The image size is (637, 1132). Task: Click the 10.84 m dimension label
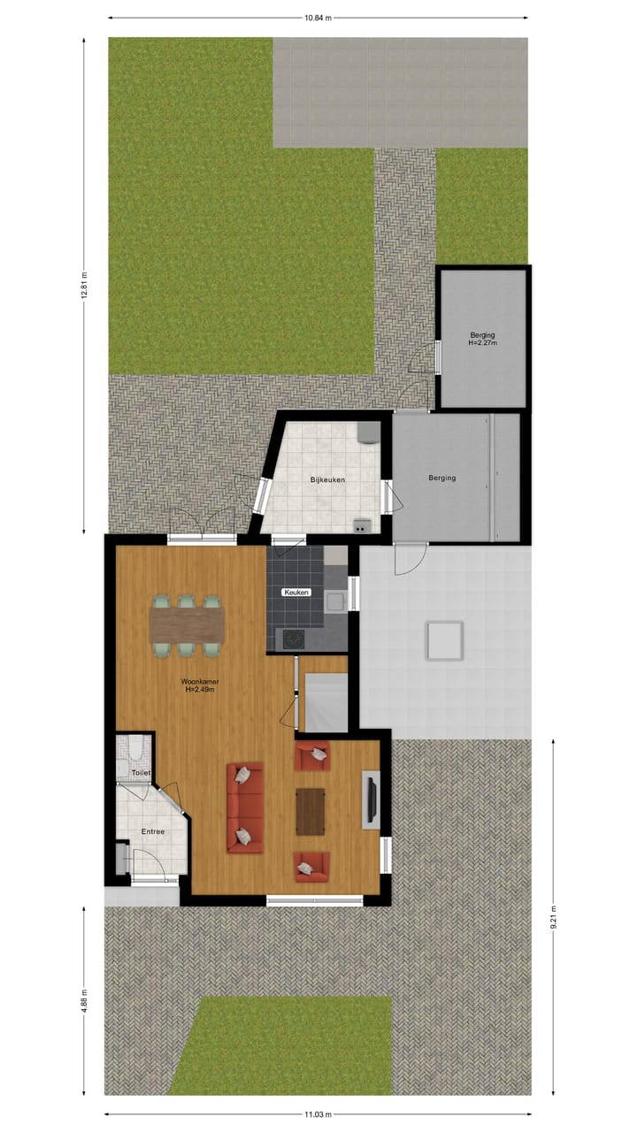(318, 17)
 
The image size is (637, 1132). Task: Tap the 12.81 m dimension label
(85, 285)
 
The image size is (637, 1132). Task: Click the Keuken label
(296, 592)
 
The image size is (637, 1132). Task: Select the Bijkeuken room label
(326, 479)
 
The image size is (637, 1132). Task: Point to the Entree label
(152, 831)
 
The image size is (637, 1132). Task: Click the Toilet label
(141, 773)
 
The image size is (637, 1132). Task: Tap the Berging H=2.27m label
(483, 339)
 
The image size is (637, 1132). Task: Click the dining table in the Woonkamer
(187, 625)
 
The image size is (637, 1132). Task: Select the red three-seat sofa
(245, 807)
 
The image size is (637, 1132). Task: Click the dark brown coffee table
(310, 811)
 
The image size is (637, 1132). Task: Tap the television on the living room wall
(371, 800)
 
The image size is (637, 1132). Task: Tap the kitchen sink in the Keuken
(335, 602)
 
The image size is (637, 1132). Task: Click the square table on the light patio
(444, 640)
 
